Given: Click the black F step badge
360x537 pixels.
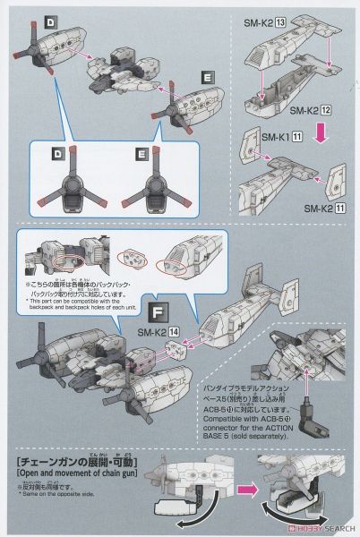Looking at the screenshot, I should (x=159, y=312).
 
